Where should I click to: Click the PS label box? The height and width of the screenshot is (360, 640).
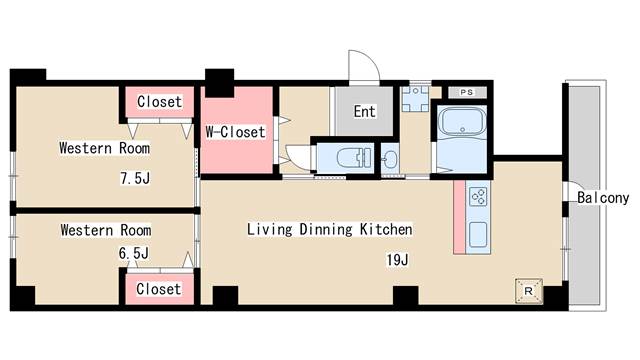(x=467, y=92)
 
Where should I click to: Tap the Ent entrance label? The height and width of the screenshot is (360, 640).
(x=364, y=111)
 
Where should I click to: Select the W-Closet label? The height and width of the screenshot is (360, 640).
(x=236, y=132)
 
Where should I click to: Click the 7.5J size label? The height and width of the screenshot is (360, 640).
(x=135, y=178)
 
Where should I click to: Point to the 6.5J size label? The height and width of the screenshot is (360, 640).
(x=133, y=253)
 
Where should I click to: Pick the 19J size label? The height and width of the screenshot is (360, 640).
(x=397, y=260)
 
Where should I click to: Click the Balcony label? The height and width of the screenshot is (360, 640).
(x=603, y=198)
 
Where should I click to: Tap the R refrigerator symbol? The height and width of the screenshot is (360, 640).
(x=529, y=291)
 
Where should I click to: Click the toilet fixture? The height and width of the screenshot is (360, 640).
(x=354, y=158)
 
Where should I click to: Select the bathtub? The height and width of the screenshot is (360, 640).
(x=462, y=122)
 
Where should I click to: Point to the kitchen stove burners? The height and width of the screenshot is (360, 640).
(x=478, y=196)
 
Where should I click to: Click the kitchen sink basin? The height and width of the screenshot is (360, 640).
(x=478, y=234)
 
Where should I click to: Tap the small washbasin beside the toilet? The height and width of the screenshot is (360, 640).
(x=390, y=159)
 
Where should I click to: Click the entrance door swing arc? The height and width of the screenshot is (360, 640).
(x=369, y=60)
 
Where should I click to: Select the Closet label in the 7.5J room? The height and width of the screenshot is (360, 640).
(x=159, y=102)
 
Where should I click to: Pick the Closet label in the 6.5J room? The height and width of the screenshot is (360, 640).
(x=158, y=289)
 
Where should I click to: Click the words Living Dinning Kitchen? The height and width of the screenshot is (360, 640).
(x=329, y=229)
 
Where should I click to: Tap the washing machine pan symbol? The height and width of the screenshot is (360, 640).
(x=415, y=98)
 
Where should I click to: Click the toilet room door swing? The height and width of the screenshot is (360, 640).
(x=299, y=158)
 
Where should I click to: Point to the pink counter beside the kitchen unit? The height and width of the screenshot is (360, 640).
(x=459, y=217)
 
